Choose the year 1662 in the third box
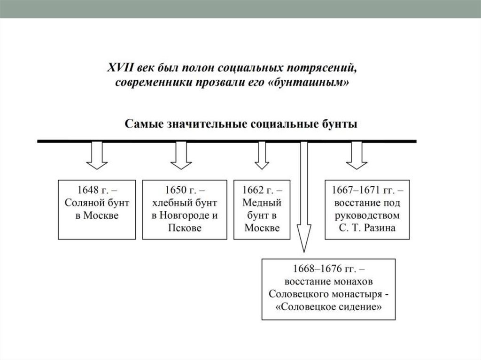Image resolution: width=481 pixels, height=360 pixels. [x=254, y=191]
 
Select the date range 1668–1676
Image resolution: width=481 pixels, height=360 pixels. [x=320, y=270]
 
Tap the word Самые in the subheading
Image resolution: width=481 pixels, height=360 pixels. [x=140, y=125]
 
